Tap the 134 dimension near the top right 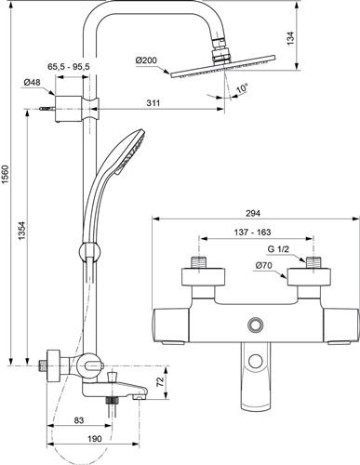coord(290,37)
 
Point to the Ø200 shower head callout coord(146,60)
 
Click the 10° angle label coord(242,87)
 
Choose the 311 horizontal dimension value coord(153,102)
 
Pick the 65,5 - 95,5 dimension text coord(69,66)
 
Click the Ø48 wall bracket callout coord(33,83)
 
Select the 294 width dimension coord(253,213)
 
